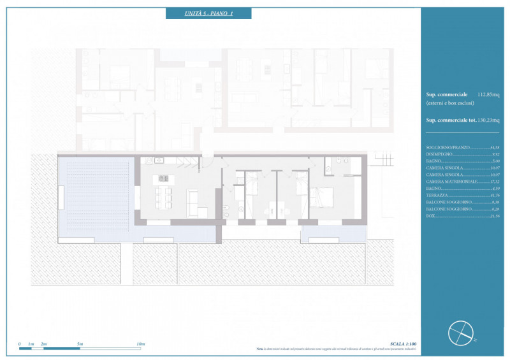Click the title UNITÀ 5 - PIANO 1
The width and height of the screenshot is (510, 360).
pyautogui.click(x=208, y=13)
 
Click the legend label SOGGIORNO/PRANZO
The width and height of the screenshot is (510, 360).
pyautogui.click(x=448, y=147)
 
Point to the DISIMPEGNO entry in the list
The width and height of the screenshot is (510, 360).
pyautogui.click(x=439, y=154)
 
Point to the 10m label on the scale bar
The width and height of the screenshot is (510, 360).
pyautogui.click(x=141, y=344)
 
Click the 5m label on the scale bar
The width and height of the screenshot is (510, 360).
pyautogui.click(x=80, y=344)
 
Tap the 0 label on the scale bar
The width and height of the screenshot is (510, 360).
pyautogui.click(x=20, y=344)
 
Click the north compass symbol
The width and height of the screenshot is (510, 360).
pyautogui.click(x=461, y=332)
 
